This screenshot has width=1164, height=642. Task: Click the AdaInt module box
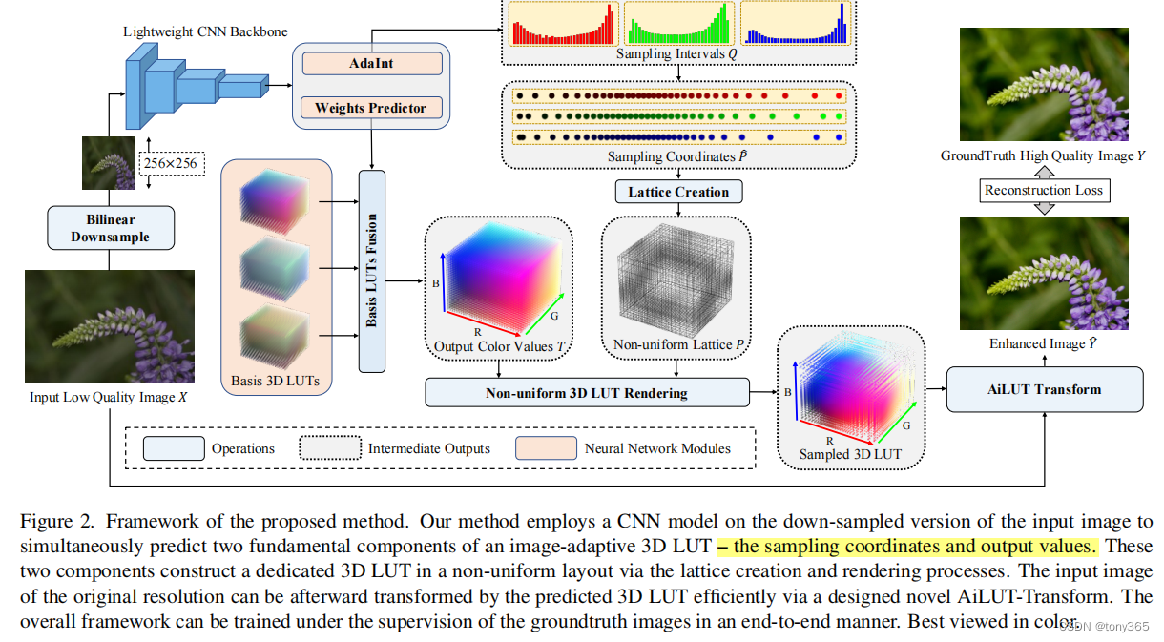(x=371, y=64)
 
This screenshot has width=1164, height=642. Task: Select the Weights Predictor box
(x=371, y=108)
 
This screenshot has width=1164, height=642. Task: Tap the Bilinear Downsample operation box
(x=110, y=227)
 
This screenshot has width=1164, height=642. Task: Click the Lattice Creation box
(x=678, y=192)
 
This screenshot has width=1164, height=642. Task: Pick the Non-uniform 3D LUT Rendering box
(x=587, y=392)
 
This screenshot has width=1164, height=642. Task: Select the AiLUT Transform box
(x=1044, y=390)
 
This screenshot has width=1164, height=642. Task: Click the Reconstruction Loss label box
(x=1044, y=190)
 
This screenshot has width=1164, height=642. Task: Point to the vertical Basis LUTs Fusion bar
(x=371, y=270)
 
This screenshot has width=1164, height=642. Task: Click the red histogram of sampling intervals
(x=563, y=24)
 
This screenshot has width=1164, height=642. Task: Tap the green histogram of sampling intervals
(x=678, y=24)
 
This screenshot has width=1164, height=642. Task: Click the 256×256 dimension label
(x=171, y=163)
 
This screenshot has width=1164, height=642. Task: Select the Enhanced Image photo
(x=1044, y=275)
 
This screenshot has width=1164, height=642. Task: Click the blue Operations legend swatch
(x=173, y=448)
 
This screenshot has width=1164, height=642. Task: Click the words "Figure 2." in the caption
(x=57, y=522)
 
